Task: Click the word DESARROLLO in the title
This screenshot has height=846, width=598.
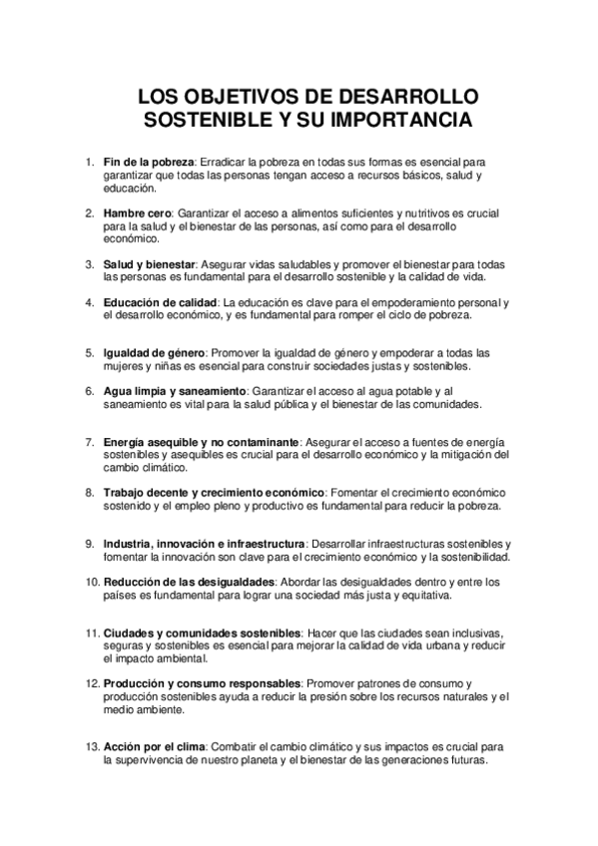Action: click(411, 98)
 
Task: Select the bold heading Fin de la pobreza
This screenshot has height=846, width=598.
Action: click(149, 162)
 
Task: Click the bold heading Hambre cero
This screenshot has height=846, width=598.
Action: click(138, 213)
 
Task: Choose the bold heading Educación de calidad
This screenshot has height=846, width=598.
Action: click(161, 302)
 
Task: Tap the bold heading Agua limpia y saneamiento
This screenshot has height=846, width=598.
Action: click(175, 391)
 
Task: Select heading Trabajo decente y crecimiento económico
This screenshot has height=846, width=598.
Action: click(214, 493)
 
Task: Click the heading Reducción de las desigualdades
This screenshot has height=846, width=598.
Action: click(188, 582)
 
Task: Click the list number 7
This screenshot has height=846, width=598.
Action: click(90, 442)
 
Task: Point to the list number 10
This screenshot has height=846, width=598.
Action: click(90, 582)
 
